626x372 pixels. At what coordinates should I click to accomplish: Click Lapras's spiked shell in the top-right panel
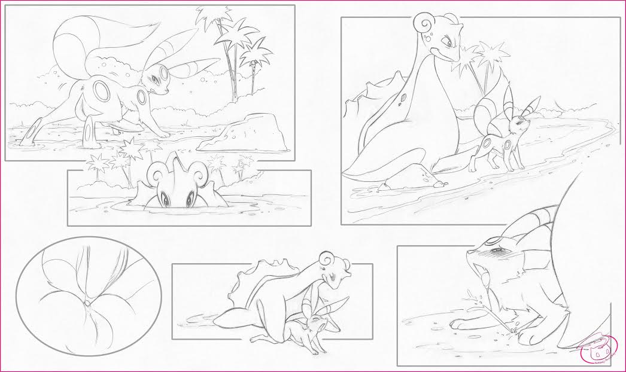coord(374,96)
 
